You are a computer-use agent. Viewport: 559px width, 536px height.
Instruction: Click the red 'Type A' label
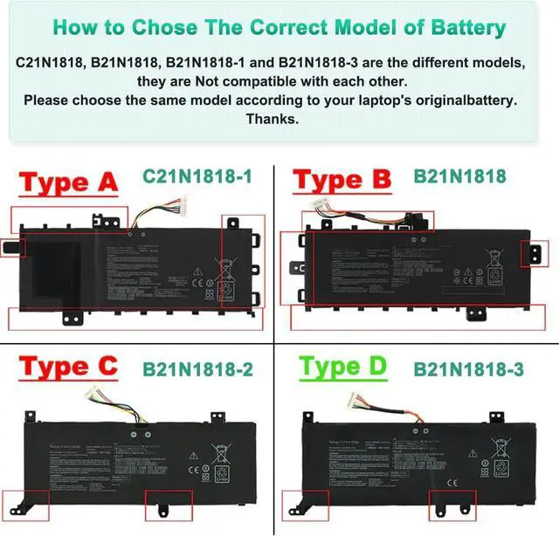click(68, 184)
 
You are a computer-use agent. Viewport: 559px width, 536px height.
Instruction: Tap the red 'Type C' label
click(68, 368)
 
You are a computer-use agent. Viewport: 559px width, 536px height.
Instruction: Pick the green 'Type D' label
click(343, 368)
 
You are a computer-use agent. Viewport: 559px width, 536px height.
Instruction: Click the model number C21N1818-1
click(197, 177)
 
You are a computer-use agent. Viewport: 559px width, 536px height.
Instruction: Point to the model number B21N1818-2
click(198, 369)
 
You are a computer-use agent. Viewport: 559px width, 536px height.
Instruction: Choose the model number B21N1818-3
click(469, 369)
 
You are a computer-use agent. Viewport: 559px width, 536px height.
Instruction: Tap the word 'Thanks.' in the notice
click(273, 118)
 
